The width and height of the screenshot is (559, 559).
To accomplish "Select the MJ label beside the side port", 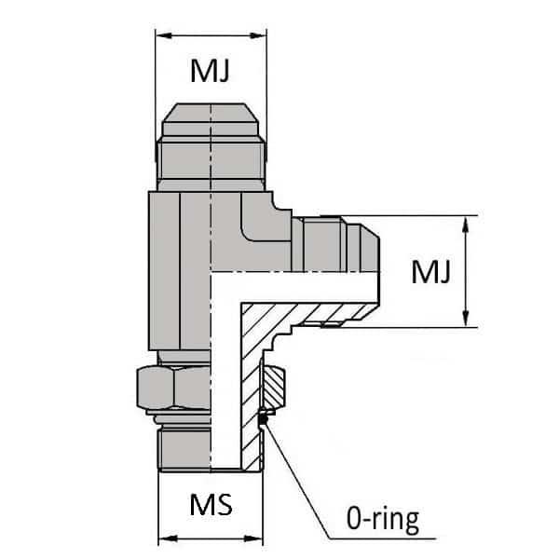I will point(431,272).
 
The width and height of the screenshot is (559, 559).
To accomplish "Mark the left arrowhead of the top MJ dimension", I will point(161,35).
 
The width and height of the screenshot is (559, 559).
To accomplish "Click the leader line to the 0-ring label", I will point(296,475).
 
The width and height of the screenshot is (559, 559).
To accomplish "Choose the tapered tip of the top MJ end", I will point(211,116).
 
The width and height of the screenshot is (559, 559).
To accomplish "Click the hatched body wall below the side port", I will point(247,373).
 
